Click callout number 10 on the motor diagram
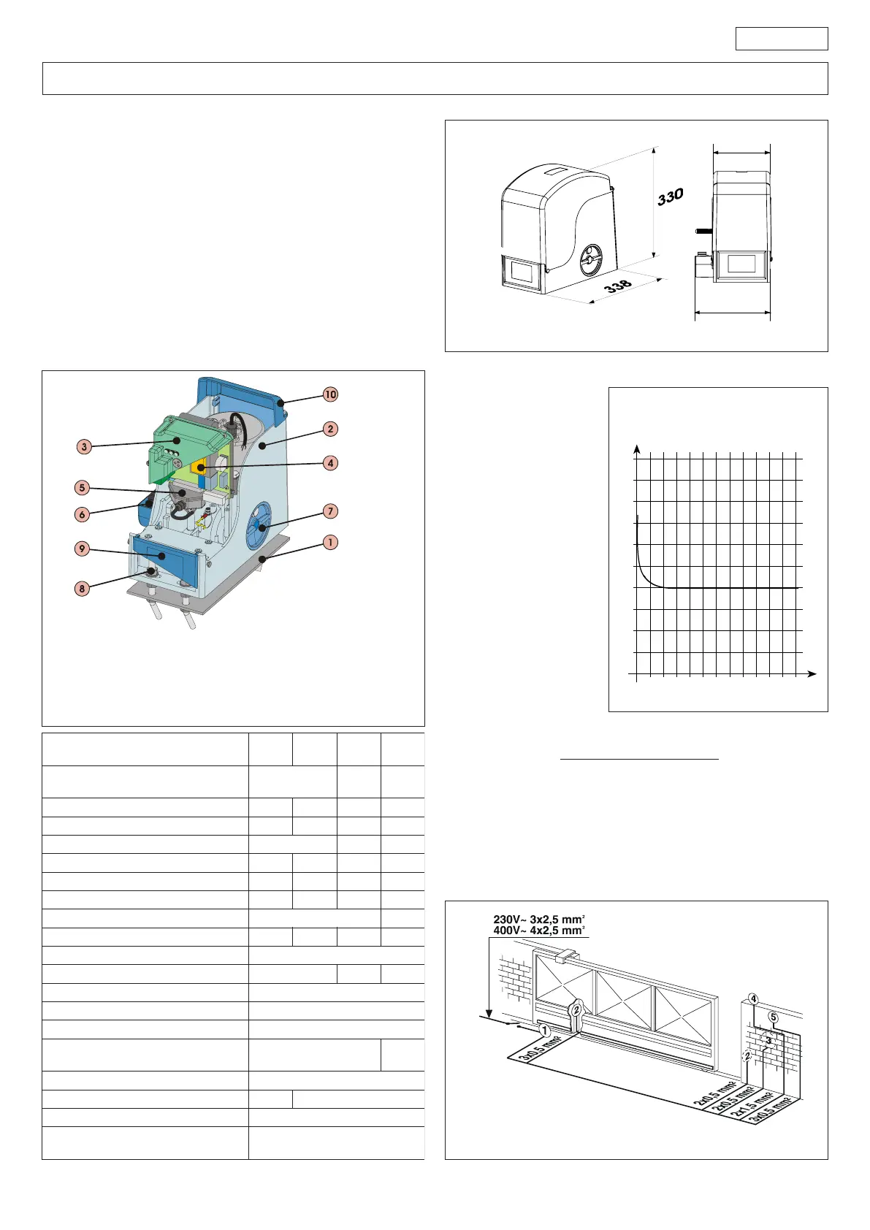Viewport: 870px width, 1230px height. click(330, 394)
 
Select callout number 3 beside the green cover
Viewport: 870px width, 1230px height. click(84, 446)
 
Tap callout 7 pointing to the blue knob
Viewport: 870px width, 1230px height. click(330, 511)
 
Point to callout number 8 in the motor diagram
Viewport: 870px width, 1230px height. click(82, 588)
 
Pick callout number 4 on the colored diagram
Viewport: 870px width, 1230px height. click(330, 462)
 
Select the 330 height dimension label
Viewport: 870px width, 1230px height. click(670, 196)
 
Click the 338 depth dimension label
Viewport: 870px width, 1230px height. click(618, 286)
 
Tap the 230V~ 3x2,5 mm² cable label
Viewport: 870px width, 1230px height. click(538, 920)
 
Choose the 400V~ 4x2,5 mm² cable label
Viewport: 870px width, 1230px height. click(538, 931)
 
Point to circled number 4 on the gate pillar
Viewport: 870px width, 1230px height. click(753, 999)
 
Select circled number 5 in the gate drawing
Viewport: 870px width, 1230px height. click(774, 1017)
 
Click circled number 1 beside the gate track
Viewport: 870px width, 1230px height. click(544, 1031)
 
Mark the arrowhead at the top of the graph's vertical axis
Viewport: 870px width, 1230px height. click(638, 448)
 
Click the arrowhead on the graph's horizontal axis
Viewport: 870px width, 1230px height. click(812, 673)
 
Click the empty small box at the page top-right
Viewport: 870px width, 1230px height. click(781, 39)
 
